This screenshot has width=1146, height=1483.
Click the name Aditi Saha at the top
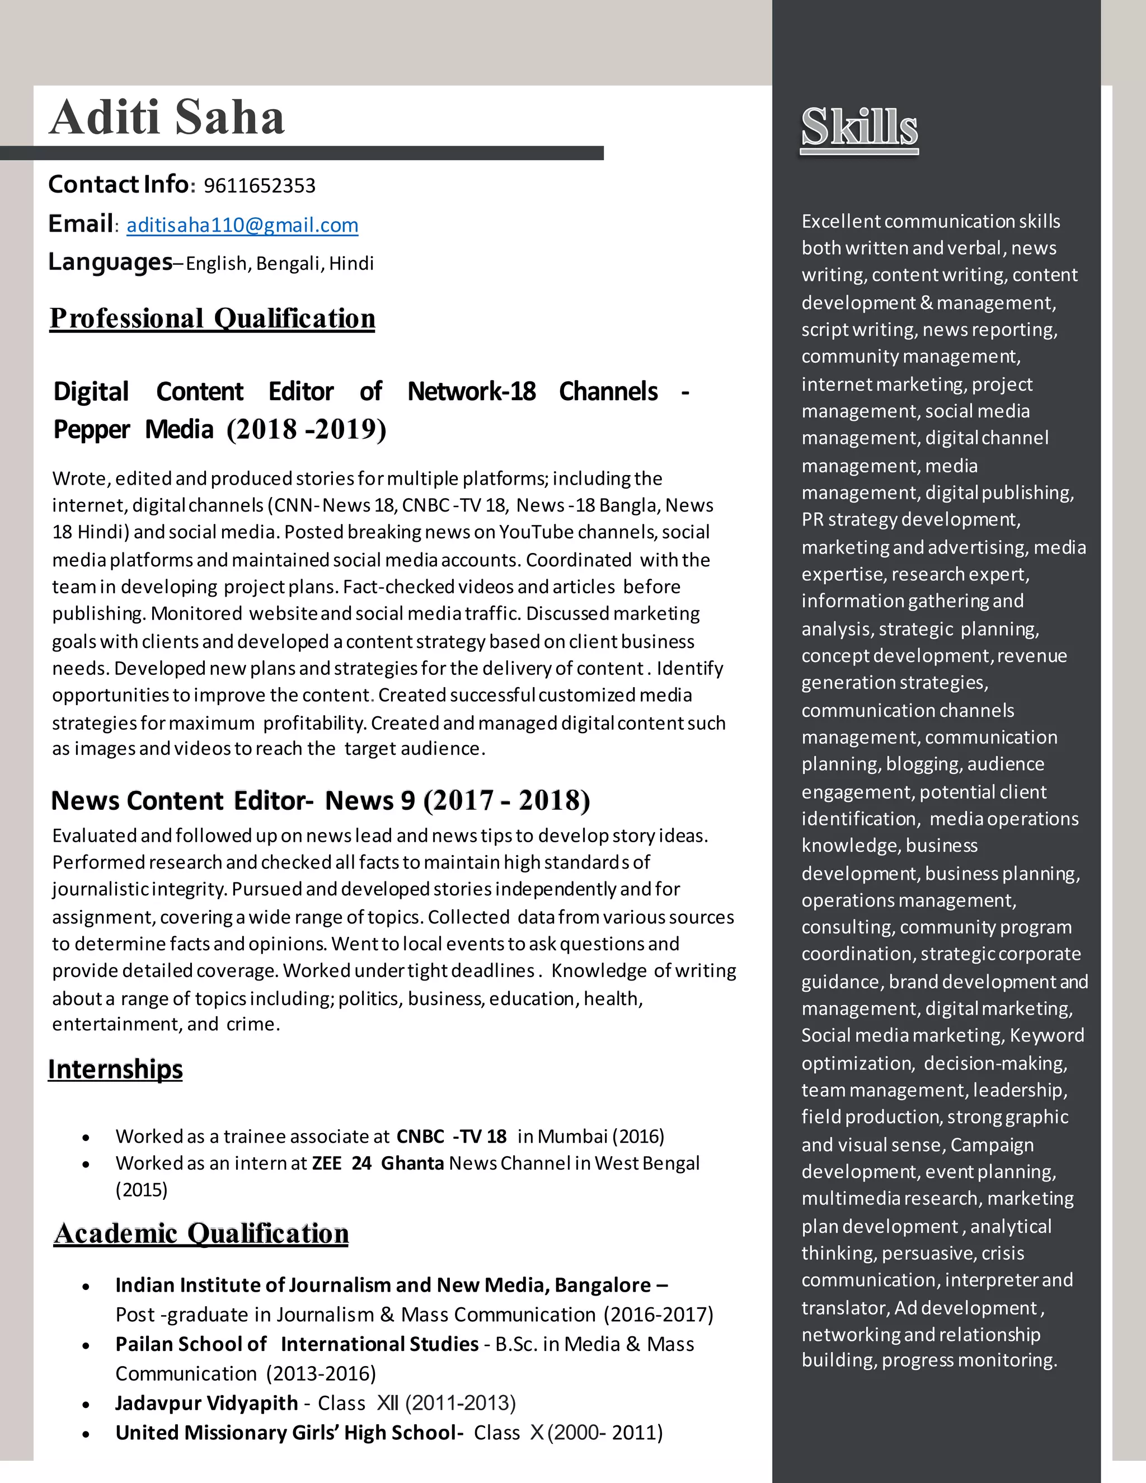click(166, 118)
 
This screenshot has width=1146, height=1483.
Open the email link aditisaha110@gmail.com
click(242, 225)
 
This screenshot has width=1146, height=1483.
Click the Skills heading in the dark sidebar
click(859, 127)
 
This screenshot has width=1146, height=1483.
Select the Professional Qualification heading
click(212, 318)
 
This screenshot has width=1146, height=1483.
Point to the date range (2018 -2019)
click(306, 429)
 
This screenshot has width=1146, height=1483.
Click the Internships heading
click(115, 1069)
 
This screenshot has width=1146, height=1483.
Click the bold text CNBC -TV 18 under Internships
click(452, 1136)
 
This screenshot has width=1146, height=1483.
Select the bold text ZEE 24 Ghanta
click(378, 1163)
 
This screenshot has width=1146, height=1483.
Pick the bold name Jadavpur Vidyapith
click(206, 1403)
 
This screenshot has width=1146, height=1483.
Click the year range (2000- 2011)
click(605, 1433)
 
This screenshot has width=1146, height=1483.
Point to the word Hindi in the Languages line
click(351, 264)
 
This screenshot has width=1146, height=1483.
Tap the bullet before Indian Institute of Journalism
click(86, 1287)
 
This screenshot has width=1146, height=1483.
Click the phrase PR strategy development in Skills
click(910, 519)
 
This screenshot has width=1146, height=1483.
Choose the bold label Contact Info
click(118, 184)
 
